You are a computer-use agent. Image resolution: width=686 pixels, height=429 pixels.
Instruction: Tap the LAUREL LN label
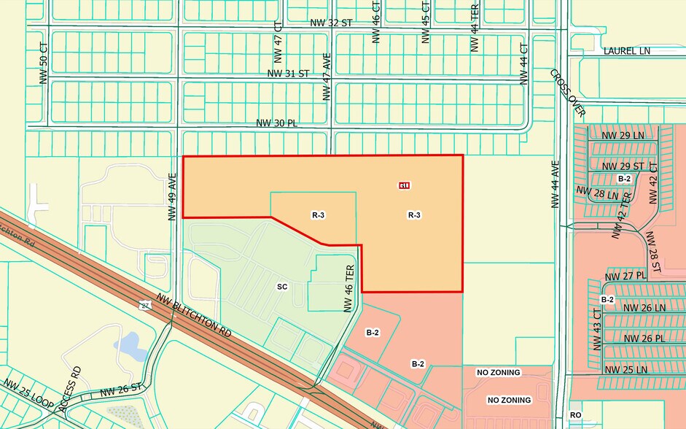click(626, 51)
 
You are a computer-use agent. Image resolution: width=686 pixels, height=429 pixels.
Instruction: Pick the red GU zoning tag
click(404, 185)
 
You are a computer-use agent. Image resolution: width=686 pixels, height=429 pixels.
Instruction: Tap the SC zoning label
click(282, 287)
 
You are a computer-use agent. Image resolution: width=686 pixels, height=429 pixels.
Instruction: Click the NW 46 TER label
click(349, 288)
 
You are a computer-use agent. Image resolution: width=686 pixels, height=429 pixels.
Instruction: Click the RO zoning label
click(575, 415)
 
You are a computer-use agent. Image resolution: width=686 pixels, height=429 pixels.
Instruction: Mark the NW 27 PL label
click(625, 276)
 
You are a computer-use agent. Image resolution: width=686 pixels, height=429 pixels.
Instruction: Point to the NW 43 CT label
click(596, 329)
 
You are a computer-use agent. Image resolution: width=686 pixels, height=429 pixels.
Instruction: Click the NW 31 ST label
click(289, 74)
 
